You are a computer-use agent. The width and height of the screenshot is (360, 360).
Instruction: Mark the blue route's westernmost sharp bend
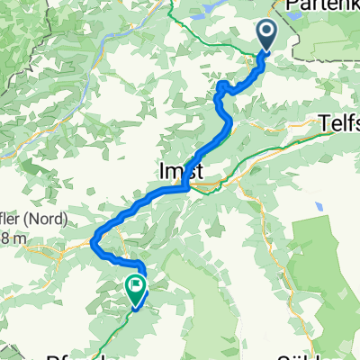coord(94,240)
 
